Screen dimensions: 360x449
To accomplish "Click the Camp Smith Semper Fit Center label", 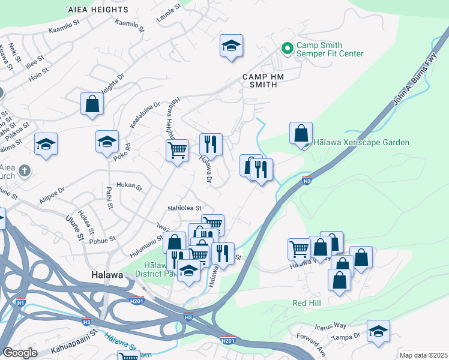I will coord(329,49).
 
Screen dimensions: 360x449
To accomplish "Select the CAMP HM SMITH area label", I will coord(260,80).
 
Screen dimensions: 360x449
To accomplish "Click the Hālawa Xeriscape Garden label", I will coord(361,142).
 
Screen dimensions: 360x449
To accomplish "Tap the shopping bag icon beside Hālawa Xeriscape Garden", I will coord(301,134).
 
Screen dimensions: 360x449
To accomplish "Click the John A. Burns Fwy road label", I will coord(414,83).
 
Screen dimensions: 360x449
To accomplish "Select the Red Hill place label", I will coord(306,303).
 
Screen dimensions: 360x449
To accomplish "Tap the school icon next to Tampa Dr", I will coord(378,332).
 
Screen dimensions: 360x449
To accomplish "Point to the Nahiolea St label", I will coord(184,208).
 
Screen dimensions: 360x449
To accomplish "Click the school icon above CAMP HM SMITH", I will coord(231,46).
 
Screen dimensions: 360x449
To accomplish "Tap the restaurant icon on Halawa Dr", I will coord(211,145).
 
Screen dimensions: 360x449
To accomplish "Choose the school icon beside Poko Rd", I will coord(107,143).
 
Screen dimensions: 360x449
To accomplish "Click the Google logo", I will coord(20,353).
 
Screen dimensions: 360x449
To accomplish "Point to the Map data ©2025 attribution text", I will coord(423,355).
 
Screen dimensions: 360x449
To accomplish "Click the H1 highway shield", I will coord(20,303).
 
